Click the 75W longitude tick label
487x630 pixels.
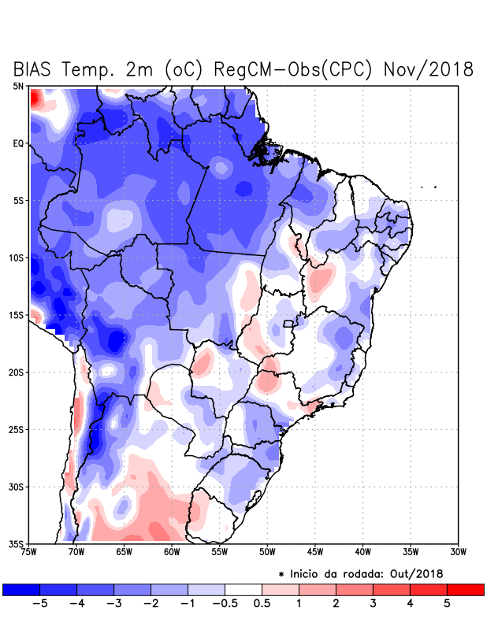30,552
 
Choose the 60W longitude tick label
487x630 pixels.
172,552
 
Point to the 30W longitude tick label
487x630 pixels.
458,552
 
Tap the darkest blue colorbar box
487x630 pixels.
21,589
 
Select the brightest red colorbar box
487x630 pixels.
465,589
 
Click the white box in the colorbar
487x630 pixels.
243,589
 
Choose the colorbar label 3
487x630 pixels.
373,605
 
